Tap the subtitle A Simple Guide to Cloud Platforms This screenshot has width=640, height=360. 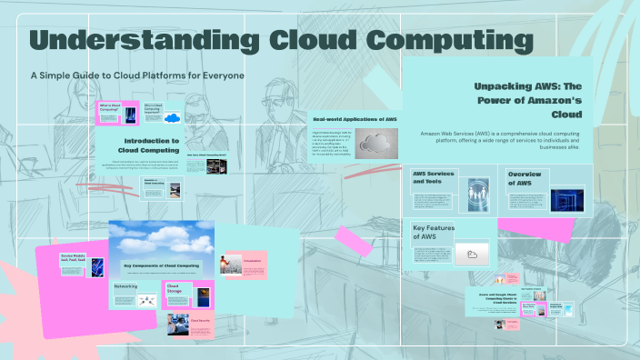coord(137,75)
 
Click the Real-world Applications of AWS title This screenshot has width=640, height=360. coord(355,119)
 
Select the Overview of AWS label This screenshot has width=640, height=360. coord(525,178)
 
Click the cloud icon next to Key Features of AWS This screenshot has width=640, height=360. coord(473,254)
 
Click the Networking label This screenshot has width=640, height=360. coord(125,286)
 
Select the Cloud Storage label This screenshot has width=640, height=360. coord(174,289)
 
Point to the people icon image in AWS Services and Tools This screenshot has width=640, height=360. coord(479,191)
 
